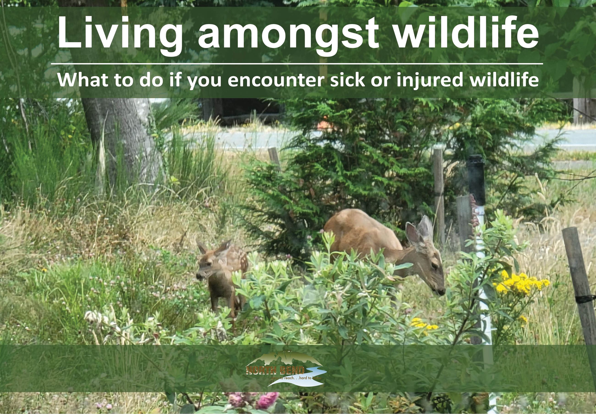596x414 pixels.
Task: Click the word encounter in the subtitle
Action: (276, 80)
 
